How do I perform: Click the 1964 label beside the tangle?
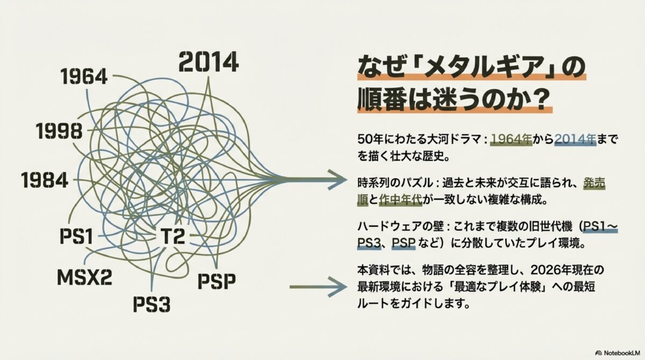[x=84, y=77]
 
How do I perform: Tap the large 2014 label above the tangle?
[x=208, y=62]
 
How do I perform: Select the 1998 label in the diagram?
[x=59, y=131]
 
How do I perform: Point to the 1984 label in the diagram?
[x=45, y=181]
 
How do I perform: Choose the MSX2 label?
[x=84, y=277]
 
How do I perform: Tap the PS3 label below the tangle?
[x=152, y=304]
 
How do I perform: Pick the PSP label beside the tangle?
[x=217, y=280]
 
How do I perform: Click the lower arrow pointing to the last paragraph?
[x=317, y=287]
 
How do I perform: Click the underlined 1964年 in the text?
[x=511, y=139]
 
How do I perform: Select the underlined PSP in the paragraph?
[x=404, y=243]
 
